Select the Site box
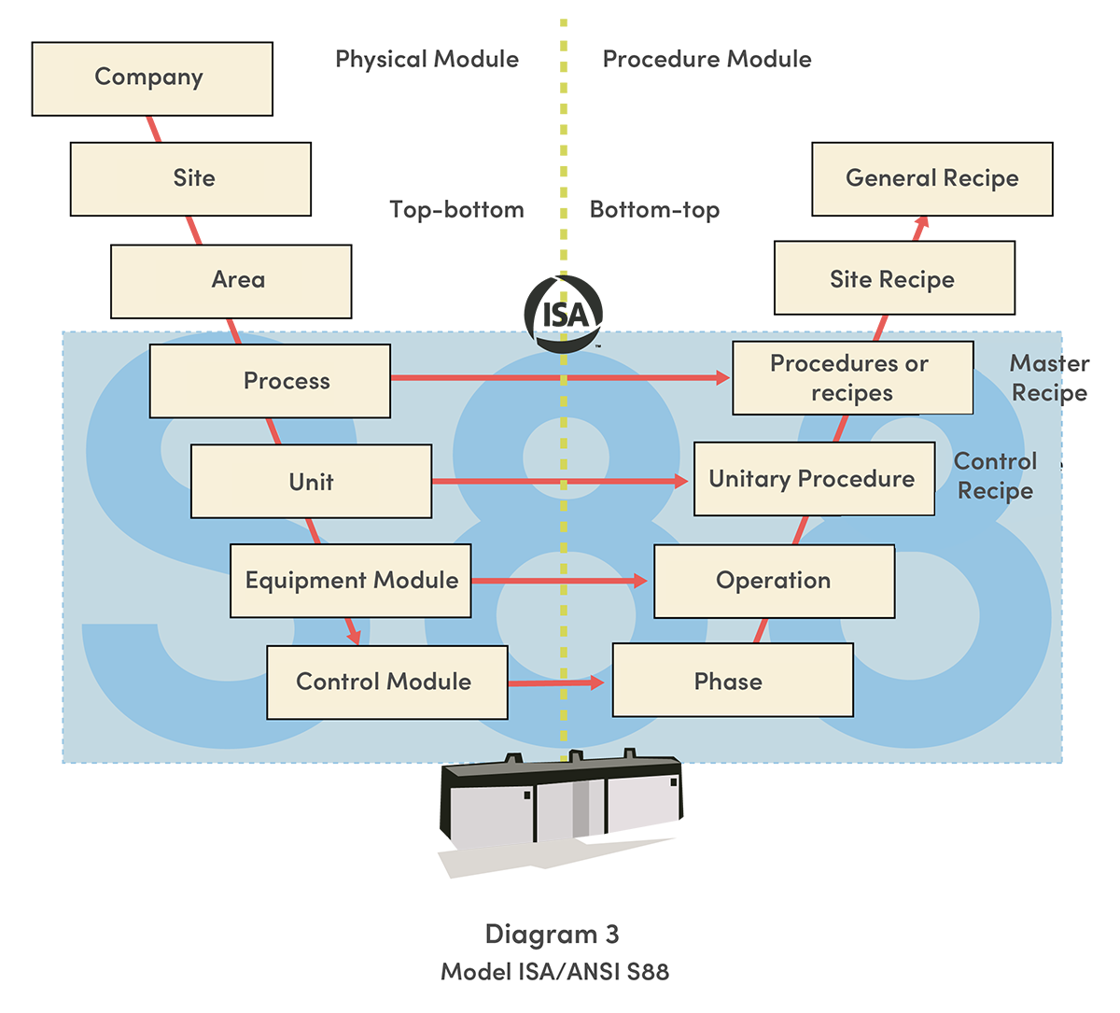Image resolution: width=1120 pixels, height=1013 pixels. pyautogui.click(x=190, y=178)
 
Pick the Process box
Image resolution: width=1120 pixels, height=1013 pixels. pyautogui.click(x=270, y=381)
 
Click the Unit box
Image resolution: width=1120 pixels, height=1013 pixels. pyautogui.click(x=311, y=482)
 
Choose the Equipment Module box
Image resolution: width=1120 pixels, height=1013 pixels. pyautogui.click(x=351, y=581)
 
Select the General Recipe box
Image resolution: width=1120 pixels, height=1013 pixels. pyautogui.click(x=931, y=178)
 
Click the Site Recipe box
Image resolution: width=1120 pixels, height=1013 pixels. pyautogui.click(x=893, y=279)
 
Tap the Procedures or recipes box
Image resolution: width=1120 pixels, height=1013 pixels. pyautogui.click(x=852, y=378)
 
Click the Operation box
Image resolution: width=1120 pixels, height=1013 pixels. pyautogui.click(x=774, y=581)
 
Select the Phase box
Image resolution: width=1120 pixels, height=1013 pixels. pyautogui.click(x=732, y=682)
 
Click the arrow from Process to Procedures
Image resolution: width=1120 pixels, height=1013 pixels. pyautogui.click(x=560, y=377)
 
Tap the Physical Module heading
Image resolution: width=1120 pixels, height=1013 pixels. pyautogui.click(x=427, y=60)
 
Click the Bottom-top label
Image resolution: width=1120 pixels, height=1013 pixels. pyautogui.click(x=654, y=210)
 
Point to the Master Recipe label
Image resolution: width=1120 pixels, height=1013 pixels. pyautogui.click(x=1049, y=378)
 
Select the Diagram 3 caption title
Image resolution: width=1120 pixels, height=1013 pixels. pyautogui.click(x=552, y=935)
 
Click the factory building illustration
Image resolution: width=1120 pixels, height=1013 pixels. pyautogui.click(x=560, y=808)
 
